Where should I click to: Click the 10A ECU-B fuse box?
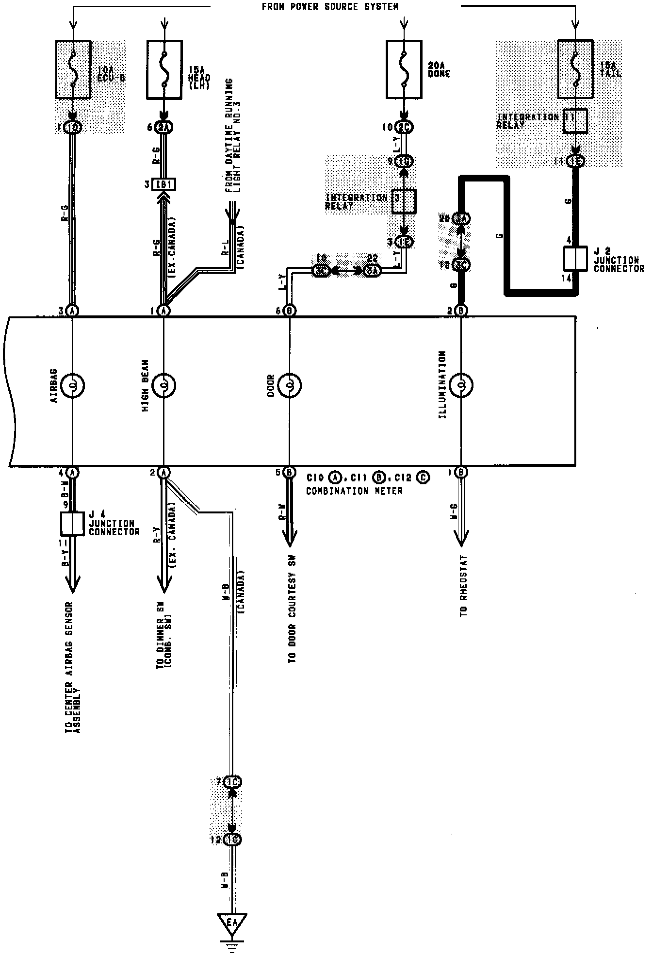pyautogui.click(x=73, y=69)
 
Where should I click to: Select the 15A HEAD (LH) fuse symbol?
pyautogui.click(x=164, y=69)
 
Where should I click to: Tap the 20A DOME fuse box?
pyautogui.click(x=404, y=69)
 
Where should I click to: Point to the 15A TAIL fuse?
pyautogui.click(x=575, y=69)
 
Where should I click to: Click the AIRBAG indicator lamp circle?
pyautogui.click(x=72, y=386)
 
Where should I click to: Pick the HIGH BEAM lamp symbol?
pyautogui.click(x=164, y=386)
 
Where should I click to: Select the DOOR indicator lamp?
pyautogui.click(x=289, y=386)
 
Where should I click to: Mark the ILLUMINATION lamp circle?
pyautogui.click(x=461, y=386)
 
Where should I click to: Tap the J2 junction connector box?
pyautogui.click(x=575, y=258)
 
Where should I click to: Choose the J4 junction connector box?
pyautogui.click(x=72, y=523)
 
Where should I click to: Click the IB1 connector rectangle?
pyautogui.click(x=164, y=185)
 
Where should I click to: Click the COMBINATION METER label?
pyautogui.click(x=354, y=491)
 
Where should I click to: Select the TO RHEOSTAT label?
pyautogui.click(x=464, y=586)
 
